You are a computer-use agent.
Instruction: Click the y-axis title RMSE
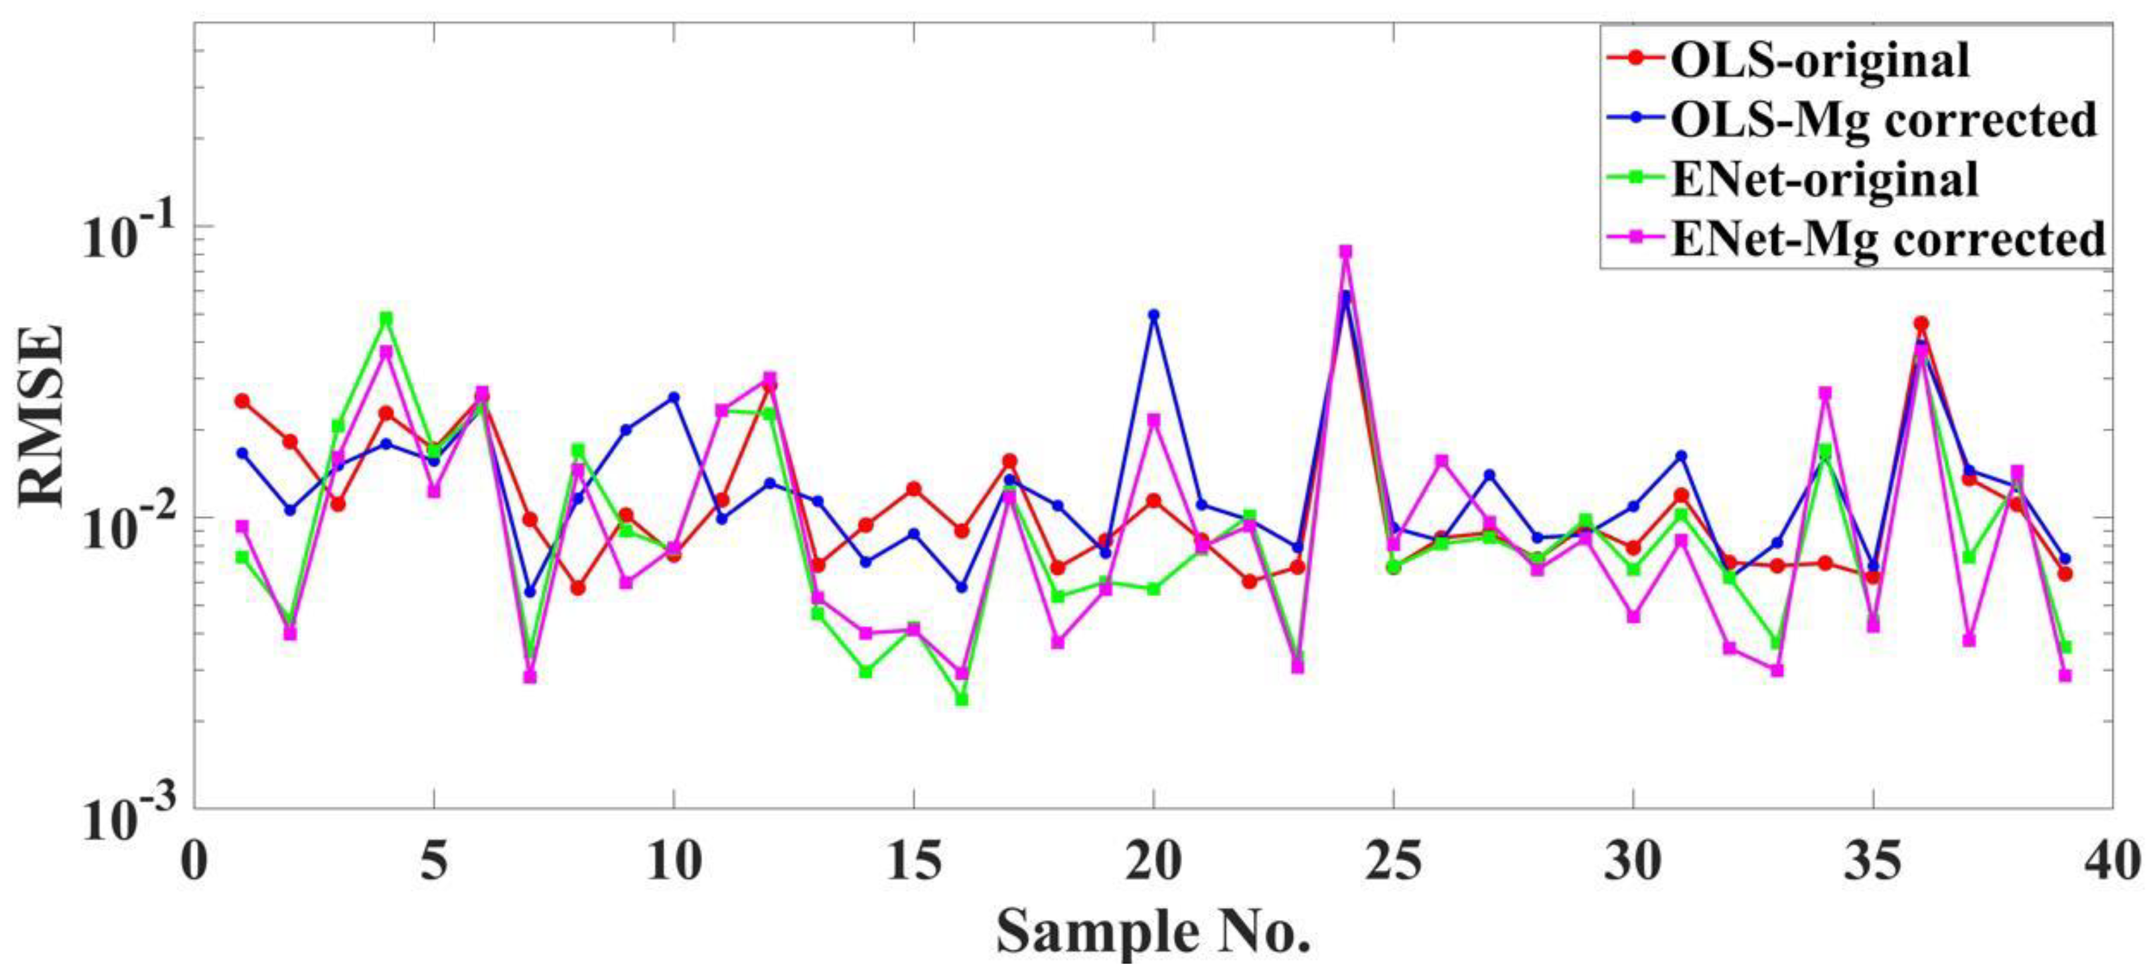(x=42, y=415)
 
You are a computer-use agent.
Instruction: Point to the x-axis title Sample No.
(x=1153, y=932)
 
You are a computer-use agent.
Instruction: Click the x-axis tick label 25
(x=1393, y=861)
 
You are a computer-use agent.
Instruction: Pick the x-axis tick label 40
(x=2111, y=861)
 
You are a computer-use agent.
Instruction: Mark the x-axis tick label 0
(x=194, y=861)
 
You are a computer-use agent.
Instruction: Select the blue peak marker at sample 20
(x=1153, y=315)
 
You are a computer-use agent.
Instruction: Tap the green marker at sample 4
(x=386, y=318)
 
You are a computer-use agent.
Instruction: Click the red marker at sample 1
(x=242, y=401)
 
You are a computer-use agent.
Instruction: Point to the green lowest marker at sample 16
(x=961, y=699)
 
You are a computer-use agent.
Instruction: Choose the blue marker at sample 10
(x=673, y=397)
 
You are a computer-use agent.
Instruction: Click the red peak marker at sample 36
(x=1921, y=323)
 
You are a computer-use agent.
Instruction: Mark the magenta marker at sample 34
(x=1825, y=393)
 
